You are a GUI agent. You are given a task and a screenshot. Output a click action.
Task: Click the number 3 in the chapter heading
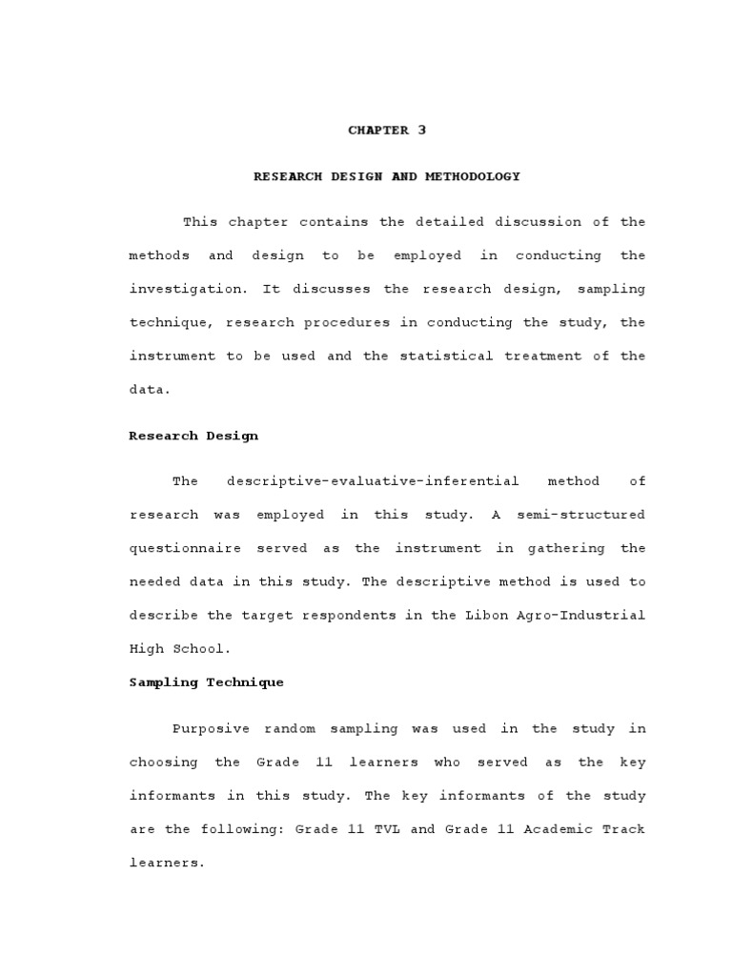pyautogui.click(x=421, y=131)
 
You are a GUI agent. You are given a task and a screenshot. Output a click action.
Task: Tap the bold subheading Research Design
pyautogui.click(x=193, y=436)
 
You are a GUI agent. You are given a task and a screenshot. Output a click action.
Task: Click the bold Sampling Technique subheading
pyautogui.click(x=207, y=682)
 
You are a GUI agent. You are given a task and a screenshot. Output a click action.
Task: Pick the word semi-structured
pyautogui.click(x=580, y=515)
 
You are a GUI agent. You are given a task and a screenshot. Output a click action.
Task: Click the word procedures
pyautogui.click(x=347, y=322)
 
